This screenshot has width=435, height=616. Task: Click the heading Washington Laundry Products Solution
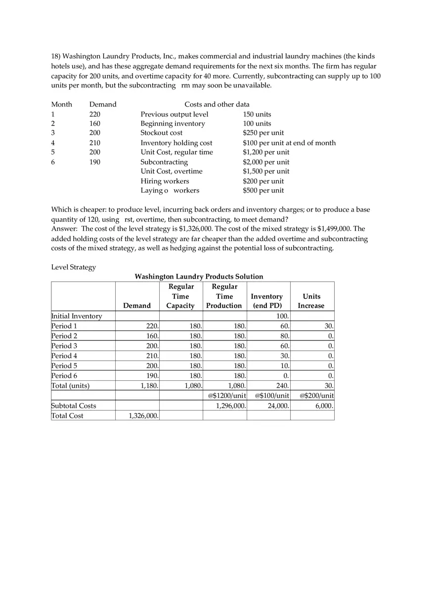tap(199, 277)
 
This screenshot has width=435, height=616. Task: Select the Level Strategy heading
tap(74, 267)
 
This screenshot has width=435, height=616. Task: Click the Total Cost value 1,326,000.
tap(143, 416)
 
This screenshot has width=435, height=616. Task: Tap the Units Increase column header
tap(311, 301)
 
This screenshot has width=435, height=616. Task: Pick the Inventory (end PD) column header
tap(266, 301)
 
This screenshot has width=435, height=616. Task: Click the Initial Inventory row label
tap(77, 316)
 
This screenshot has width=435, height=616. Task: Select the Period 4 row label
tap(64, 356)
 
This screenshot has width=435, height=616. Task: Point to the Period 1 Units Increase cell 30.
tap(329, 326)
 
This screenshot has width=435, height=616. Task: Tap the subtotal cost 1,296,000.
tap(231, 406)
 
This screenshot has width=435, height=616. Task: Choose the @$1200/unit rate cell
tap(225, 396)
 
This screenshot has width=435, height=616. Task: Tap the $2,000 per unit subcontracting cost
tap(266, 162)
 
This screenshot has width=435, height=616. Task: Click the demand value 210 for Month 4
tap(94, 143)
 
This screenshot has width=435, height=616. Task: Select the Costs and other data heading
tap(217, 104)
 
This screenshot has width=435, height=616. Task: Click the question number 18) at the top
tap(56, 56)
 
